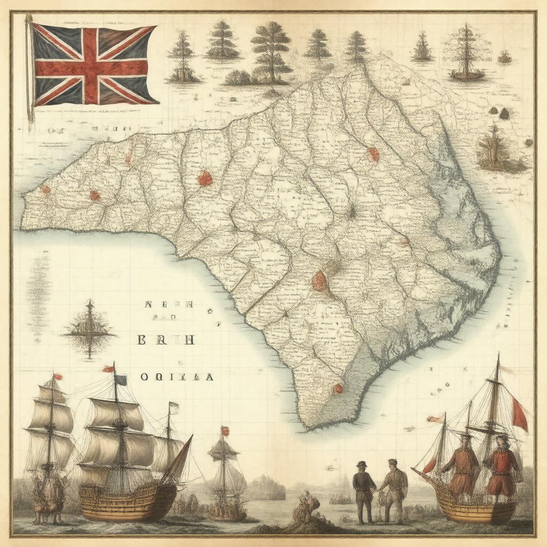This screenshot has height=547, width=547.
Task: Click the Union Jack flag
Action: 93,64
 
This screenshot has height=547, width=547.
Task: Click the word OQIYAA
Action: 177,377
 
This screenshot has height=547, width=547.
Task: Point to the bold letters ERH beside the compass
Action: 165,340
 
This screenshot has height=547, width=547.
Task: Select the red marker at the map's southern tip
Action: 338,388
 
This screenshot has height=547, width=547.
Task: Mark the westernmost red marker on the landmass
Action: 45,189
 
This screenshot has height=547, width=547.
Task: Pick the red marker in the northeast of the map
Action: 373,154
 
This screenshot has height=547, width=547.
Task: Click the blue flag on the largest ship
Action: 121,380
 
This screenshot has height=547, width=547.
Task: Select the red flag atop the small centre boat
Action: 225,431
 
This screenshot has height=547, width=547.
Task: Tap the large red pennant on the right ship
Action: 519,415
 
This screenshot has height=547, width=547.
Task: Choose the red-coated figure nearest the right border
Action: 503,463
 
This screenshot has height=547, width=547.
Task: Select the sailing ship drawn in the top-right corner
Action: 466,53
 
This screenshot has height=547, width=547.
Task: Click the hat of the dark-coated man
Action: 362,464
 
